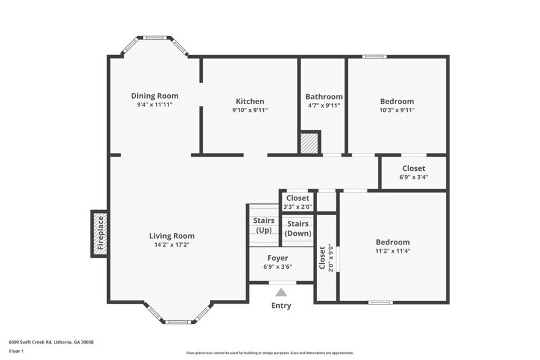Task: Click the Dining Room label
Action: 154,96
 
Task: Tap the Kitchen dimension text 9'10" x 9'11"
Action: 250,111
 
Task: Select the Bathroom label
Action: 324,97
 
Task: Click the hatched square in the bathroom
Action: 309,143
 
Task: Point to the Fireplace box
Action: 100,234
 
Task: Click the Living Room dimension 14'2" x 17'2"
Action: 172,245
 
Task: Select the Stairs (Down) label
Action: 298,228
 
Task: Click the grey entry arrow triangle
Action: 281,293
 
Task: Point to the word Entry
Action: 281,306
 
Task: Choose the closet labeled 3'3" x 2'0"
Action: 298,202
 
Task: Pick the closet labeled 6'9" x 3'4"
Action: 413,173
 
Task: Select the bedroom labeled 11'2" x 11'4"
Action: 392,246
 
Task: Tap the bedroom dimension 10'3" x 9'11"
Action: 397,111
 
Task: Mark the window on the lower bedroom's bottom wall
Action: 380,302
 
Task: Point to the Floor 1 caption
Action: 16,351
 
